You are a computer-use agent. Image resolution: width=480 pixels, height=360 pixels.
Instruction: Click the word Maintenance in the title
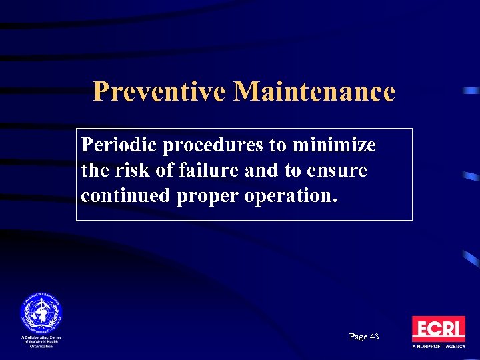(314, 91)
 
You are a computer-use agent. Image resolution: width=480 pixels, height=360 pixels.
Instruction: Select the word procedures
(213, 145)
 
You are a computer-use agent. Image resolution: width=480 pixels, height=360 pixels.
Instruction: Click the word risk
(127, 171)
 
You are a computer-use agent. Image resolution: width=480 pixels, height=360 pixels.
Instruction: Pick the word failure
(203, 171)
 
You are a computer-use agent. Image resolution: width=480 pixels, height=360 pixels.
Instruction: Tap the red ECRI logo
(438, 329)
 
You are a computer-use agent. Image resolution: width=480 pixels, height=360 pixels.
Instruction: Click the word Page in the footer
(358, 337)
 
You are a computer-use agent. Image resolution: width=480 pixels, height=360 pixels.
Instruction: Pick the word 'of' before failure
(162, 171)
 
